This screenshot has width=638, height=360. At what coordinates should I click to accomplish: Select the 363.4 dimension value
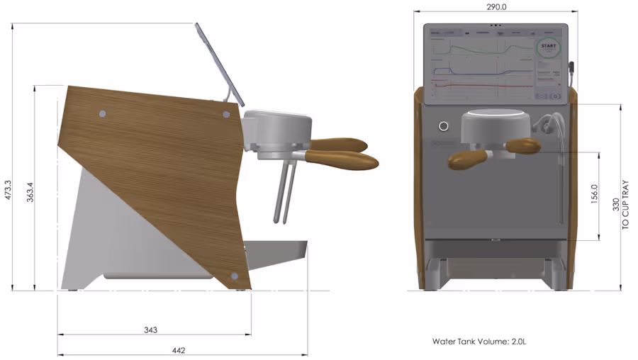click(30, 191)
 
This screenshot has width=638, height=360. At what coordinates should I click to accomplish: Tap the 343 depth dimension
click(150, 330)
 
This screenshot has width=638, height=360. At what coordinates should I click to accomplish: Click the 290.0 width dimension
click(496, 6)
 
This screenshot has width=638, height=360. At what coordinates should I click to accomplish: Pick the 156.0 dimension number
click(595, 193)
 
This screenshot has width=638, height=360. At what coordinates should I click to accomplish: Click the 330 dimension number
click(616, 206)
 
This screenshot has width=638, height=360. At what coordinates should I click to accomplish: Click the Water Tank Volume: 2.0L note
click(479, 342)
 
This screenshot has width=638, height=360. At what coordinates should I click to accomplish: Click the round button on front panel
click(444, 126)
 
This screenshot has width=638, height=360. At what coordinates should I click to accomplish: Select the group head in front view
click(496, 128)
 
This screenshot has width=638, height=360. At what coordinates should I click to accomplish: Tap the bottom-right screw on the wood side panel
click(235, 276)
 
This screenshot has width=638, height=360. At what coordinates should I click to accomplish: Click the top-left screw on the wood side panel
click(102, 113)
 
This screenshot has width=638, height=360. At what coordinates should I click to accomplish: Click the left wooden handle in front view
click(466, 159)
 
